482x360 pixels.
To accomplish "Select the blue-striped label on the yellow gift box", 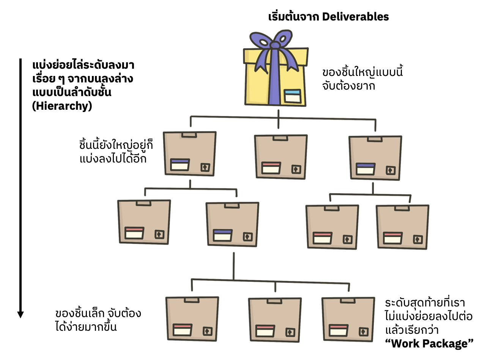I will pyautogui.click(x=293, y=96).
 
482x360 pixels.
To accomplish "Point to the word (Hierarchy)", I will pyautogui.click(x=63, y=106).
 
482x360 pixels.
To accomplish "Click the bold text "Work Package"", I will pyautogui.click(x=429, y=344).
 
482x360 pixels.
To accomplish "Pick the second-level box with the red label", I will pyautogui.click(x=280, y=156).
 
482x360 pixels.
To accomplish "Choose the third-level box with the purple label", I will pyautogui.click(x=232, y=224).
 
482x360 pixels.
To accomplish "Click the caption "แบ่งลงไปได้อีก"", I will pyautogui.click(x=113, y=159).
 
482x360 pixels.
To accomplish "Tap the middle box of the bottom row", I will pyautogui.click(x=274, y=319).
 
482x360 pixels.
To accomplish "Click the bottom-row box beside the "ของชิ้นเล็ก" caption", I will pyautogui.click(x=192, y=318).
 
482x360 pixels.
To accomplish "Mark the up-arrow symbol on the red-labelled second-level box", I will pyautogui.click(x=296, y=169).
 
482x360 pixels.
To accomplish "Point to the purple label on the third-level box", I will pyautogui.click(x=222, y=232).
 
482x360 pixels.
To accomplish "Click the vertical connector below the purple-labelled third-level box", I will pyautogui.click(x=233, y=266).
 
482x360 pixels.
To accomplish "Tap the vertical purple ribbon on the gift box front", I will pyautogui.click(x=274, y=84).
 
